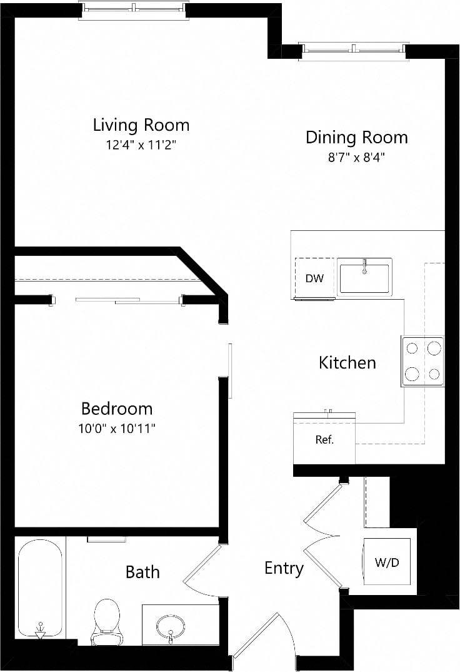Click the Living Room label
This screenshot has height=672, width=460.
pyautogui.click(x=141, y=125)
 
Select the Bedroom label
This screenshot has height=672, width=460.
pyautogui.click(x=117, y=409)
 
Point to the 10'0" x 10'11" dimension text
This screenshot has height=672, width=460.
pyautogui.click(x=117, y=429)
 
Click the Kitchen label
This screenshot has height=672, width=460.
pyautogui.click(x=347, y=362)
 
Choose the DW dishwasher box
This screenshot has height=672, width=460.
pyautogui.click(x=314, y=278)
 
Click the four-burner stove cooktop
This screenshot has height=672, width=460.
pyautogui.click(x=422, y=362)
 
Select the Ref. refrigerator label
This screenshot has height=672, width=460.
pyautogui.click(x=324, y=440)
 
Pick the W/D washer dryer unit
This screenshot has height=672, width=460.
pyautogui.click(x=387, y=562)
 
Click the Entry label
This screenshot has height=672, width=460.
pyautogui.click(x=284, y=568)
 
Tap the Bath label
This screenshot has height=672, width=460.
pyautogui.click(x=142, y=571)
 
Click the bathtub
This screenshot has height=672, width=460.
pyautogui.click(x=40, y=588)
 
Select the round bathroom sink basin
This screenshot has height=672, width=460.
pyautogui.click(x=170, y=625)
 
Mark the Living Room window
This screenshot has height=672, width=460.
pyautogui.click(x=133, y=9)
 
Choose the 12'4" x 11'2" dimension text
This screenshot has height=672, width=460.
pyautogui.click(x=141, y=145)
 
